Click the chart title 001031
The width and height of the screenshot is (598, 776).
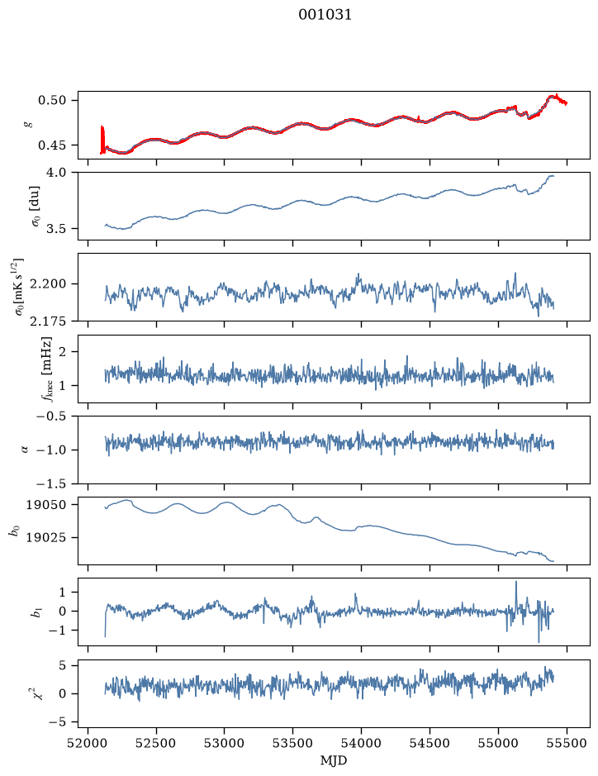click(325, 15)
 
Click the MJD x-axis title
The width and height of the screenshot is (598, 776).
click(334, 760)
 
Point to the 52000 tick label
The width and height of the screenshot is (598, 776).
click(88, 743)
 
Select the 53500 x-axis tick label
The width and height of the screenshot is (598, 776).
click(293, 743)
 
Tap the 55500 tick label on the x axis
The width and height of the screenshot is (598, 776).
click(567, 743)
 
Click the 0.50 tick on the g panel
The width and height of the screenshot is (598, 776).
click(52, 101)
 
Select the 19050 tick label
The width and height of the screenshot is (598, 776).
click(45, 505)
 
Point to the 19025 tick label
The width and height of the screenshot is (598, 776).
click(45, 537)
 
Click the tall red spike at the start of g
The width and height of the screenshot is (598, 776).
click(102, 140)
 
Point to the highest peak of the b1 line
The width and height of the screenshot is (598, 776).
click(516, 582)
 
